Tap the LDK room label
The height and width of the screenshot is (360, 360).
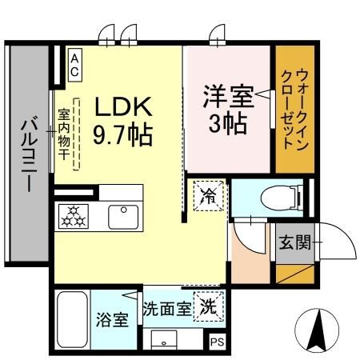click(125, 106)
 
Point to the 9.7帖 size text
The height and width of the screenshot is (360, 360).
click(125, 134)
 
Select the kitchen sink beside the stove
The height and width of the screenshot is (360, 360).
click(122, 216)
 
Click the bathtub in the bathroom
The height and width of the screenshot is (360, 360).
click(73, 317)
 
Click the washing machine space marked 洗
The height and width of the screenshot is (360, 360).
click(207, 304)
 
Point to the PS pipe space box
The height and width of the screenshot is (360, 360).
click(217, 342)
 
